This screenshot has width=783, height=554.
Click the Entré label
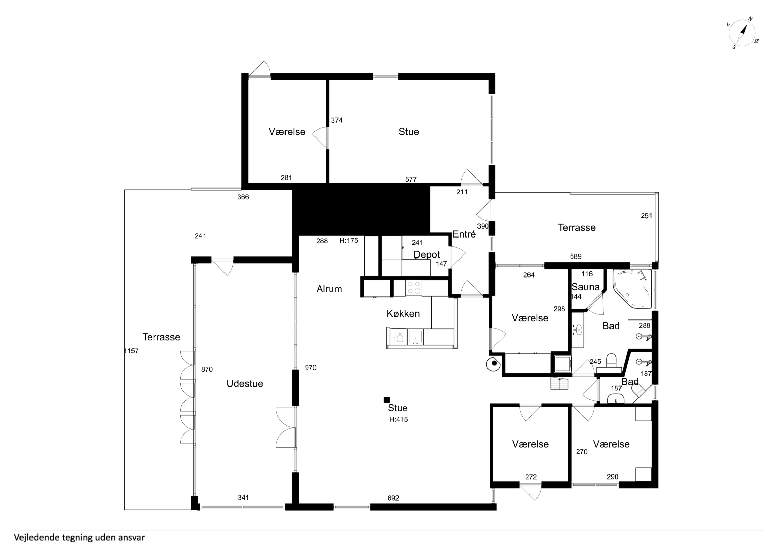(464, 234)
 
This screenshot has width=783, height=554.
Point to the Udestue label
(245, 383)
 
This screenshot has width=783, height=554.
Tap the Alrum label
(329, 289)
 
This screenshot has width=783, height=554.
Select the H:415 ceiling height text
(398, 420)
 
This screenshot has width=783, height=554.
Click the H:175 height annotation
(349, 241)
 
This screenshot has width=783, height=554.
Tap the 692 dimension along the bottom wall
(393, 498)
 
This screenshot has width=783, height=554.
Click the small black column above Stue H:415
(387, 400)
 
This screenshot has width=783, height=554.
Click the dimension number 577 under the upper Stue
(411, 180)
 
